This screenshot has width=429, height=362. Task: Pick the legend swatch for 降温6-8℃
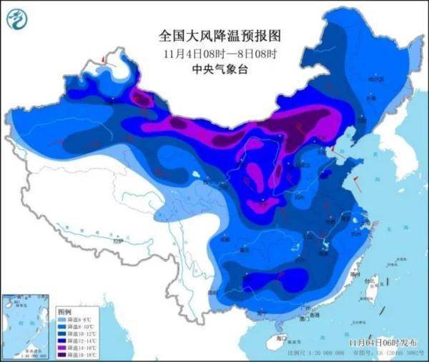(62, 320)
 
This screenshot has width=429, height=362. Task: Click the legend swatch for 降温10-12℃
(62, 333)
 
